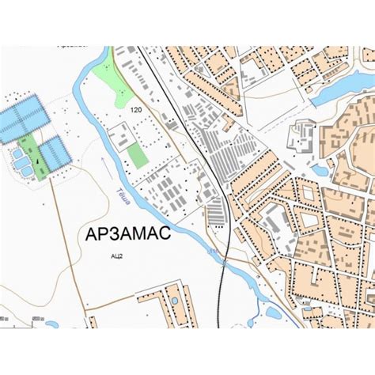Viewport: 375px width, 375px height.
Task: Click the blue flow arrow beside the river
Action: click(104, 165)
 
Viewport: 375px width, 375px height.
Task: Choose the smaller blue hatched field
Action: click(56, 153)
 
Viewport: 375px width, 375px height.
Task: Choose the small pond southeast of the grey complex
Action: click(320, 169)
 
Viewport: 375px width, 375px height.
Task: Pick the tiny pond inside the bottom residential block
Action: click(174, 301)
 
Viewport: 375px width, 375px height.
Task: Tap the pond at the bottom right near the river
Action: click(273, 312)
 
